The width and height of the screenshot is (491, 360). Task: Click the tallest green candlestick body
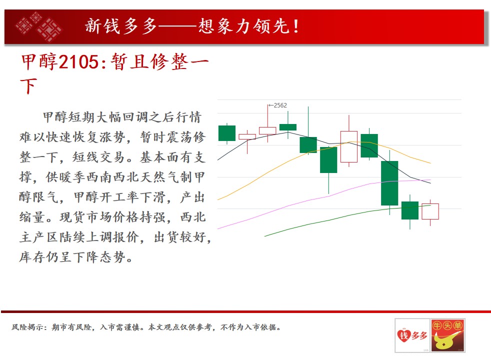coord(389,183)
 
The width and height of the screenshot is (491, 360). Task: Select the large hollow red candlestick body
coord(349,147)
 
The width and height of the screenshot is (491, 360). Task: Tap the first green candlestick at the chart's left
coord(226,133)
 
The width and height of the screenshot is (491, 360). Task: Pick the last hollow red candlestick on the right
coord(430,211)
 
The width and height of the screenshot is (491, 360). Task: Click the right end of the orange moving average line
coord(430,163)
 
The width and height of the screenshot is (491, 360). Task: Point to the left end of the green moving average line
coord(265,236)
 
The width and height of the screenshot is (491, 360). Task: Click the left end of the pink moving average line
coord(218,228)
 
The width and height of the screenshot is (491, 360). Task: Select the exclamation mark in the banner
coord(296,26)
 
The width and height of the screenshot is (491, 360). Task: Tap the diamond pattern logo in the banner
coord(39,26)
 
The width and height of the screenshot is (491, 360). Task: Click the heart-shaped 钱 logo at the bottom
coord(404,335)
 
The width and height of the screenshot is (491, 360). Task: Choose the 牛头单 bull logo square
coord(447,335)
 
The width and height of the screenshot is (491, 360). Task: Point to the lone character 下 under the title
coord(28,86)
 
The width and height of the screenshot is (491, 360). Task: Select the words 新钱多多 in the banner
coord(121,26)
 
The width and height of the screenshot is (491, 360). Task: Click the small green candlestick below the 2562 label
coord(288,127)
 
